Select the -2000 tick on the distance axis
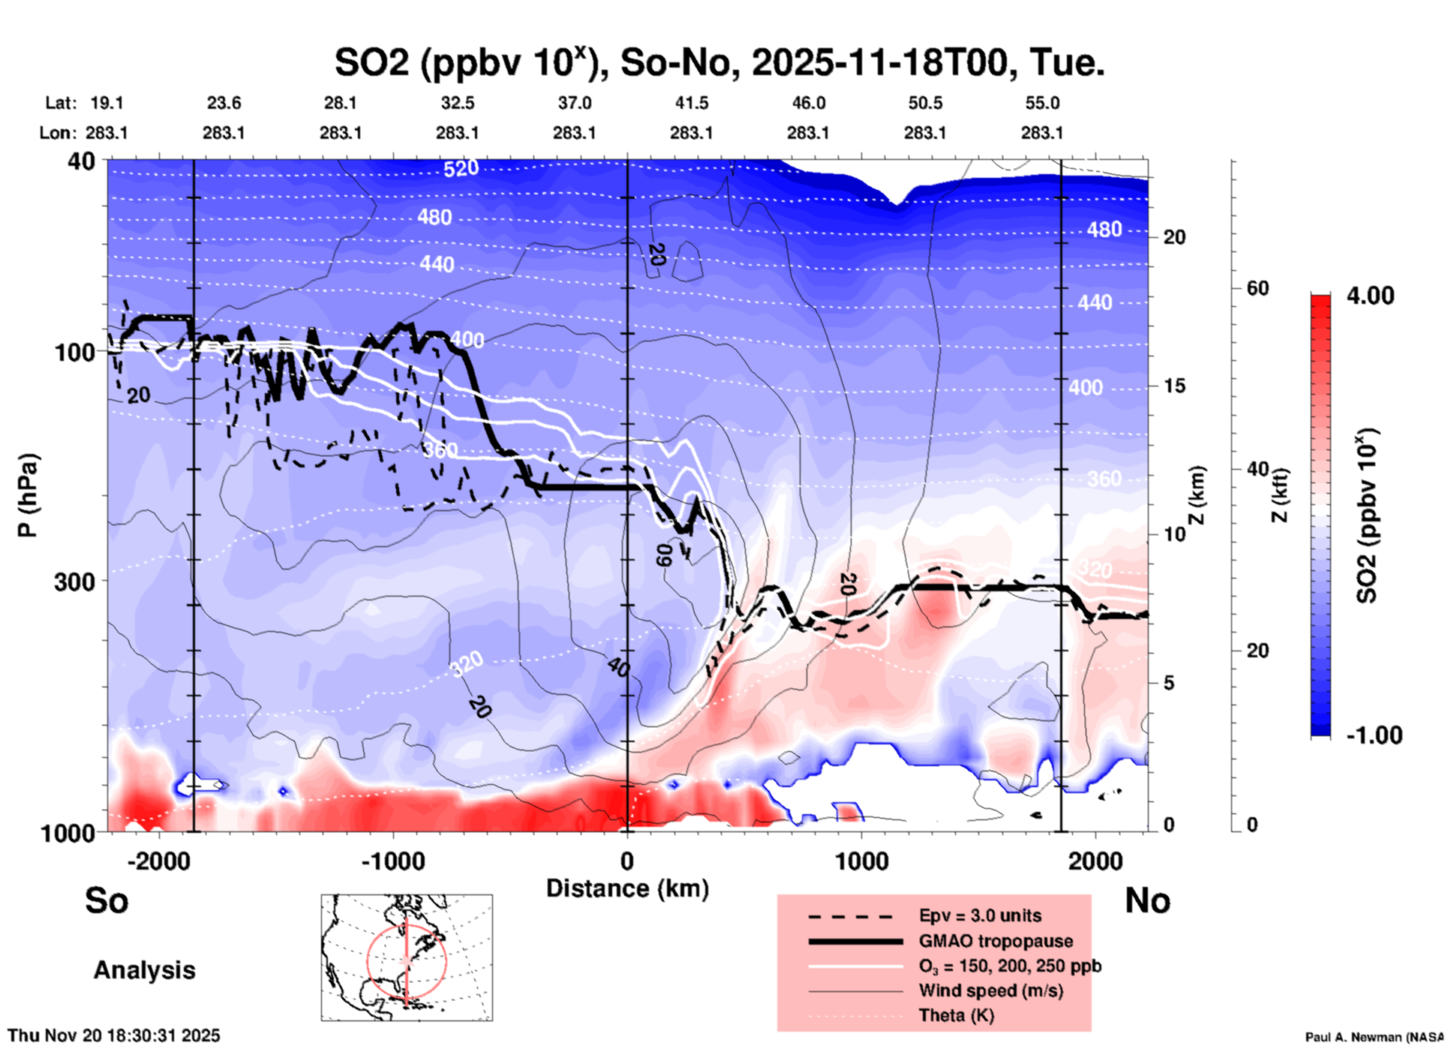pyautogui.click(x=158, y=861)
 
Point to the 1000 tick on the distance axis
pyautogui.click(x=861, y=861)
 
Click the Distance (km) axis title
pyautogui.click(x=627, y=888)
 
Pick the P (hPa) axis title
pyautogui.click(x=28, y=495)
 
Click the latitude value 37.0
pyautogui.click(x=574, y=103)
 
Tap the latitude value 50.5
pyautogui.click(x=924, y=103)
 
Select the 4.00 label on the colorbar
pyautogui.click(x=1370, y=296)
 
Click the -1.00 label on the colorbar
pyautogui.click(x=1373, y=735)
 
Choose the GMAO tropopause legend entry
pyautogui.click(x=996, y=941)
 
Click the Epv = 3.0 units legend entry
pyautogui.click(x=980, y=915)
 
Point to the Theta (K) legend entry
pyautogui.click(x=956, y=1015)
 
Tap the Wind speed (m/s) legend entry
pyautogui.click(x=990, y=990)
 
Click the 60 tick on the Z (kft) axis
pyautogui.click(x=1257, y=288)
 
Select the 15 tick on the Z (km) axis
pyautogui.click(x=1173, y=386)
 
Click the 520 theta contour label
pyautogui.click(x=461, y=169)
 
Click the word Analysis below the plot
pyautogui.click(x=144, y=970)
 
